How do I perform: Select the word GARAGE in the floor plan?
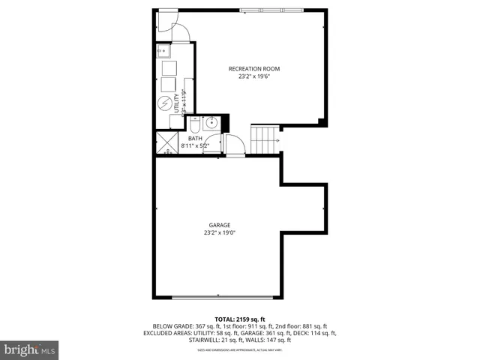click(x=220, y=225)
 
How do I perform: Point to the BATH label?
click(x=194, y=139)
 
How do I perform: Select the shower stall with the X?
click(x=166, y=142)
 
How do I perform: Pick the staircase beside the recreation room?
click(x=264, y=139)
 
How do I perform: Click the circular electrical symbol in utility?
click(x=165, y=104)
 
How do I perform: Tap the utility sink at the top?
click(x=163, y=52)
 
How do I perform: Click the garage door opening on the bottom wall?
click(x=218, y=298)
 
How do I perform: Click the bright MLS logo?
click(x=30, y=349)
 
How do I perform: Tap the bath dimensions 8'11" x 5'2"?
click(x=196, y=146)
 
